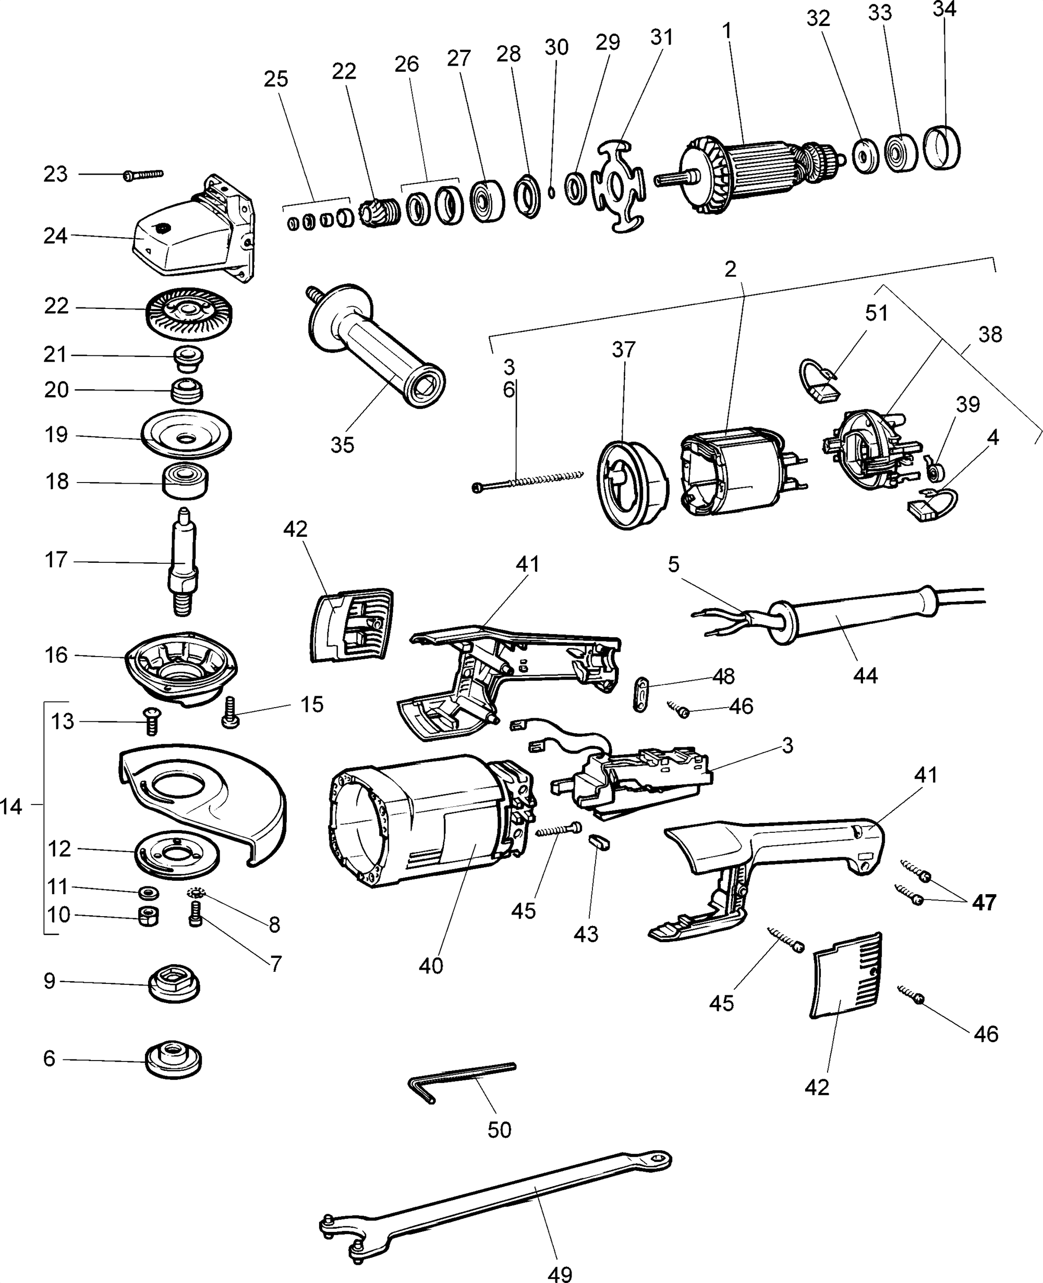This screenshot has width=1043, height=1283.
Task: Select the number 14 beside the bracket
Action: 11,806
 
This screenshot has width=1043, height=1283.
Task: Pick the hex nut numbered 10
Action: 148,917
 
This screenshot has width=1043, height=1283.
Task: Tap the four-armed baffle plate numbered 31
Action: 620,186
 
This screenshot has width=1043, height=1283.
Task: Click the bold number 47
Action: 984,903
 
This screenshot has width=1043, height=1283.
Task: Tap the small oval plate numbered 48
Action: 641,695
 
